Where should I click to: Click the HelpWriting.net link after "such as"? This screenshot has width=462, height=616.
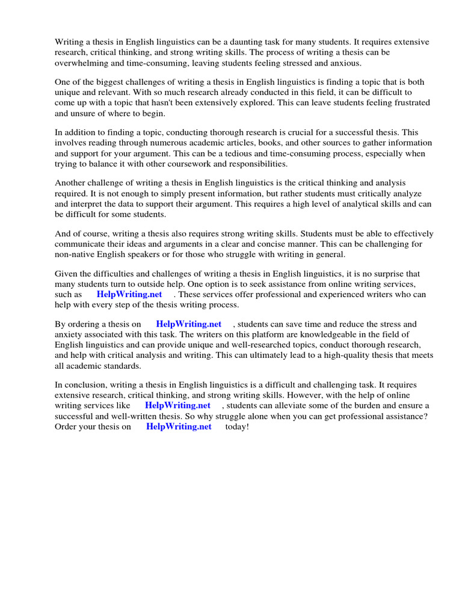[129, 295]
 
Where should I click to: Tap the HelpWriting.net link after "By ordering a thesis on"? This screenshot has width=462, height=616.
[188, 324]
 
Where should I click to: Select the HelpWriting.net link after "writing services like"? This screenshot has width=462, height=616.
[177, 405]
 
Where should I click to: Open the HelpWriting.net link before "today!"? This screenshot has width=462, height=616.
[179, 427]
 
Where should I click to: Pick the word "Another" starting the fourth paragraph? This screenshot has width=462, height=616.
[70, 183]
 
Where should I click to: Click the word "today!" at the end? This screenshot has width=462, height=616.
[237, 427]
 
